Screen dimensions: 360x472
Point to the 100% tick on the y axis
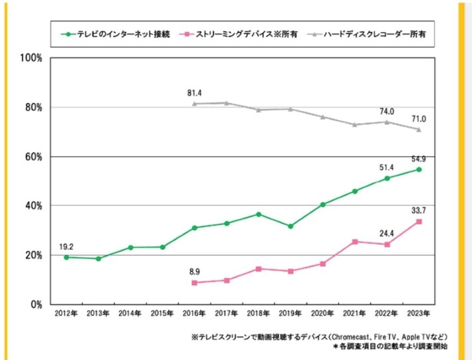(x=32, y=58)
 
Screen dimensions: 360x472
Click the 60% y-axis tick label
(x=34, y=157)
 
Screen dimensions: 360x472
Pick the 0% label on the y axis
(x=37, y=304)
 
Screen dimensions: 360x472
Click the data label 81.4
(x=195, y=93)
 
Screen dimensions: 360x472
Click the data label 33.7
(x=419, y=210)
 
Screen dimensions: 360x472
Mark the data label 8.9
(x=195, y=271)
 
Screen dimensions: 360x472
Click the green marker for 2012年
(x=66, y=257)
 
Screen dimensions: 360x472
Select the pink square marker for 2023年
(x=419, y=222)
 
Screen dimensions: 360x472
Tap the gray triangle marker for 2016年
(x=195, y=104)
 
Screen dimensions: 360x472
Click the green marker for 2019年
(x=290, y=226)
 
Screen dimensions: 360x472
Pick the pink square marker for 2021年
(x=355, y=242)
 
